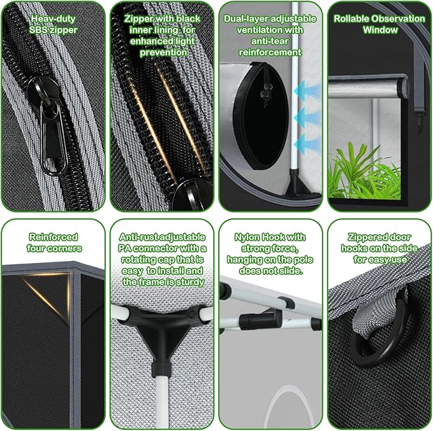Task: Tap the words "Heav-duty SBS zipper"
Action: pos(52,24)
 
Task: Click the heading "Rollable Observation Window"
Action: pos(379,24)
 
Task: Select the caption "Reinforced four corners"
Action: pos(54,243)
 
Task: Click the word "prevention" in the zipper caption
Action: pos(161,52)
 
